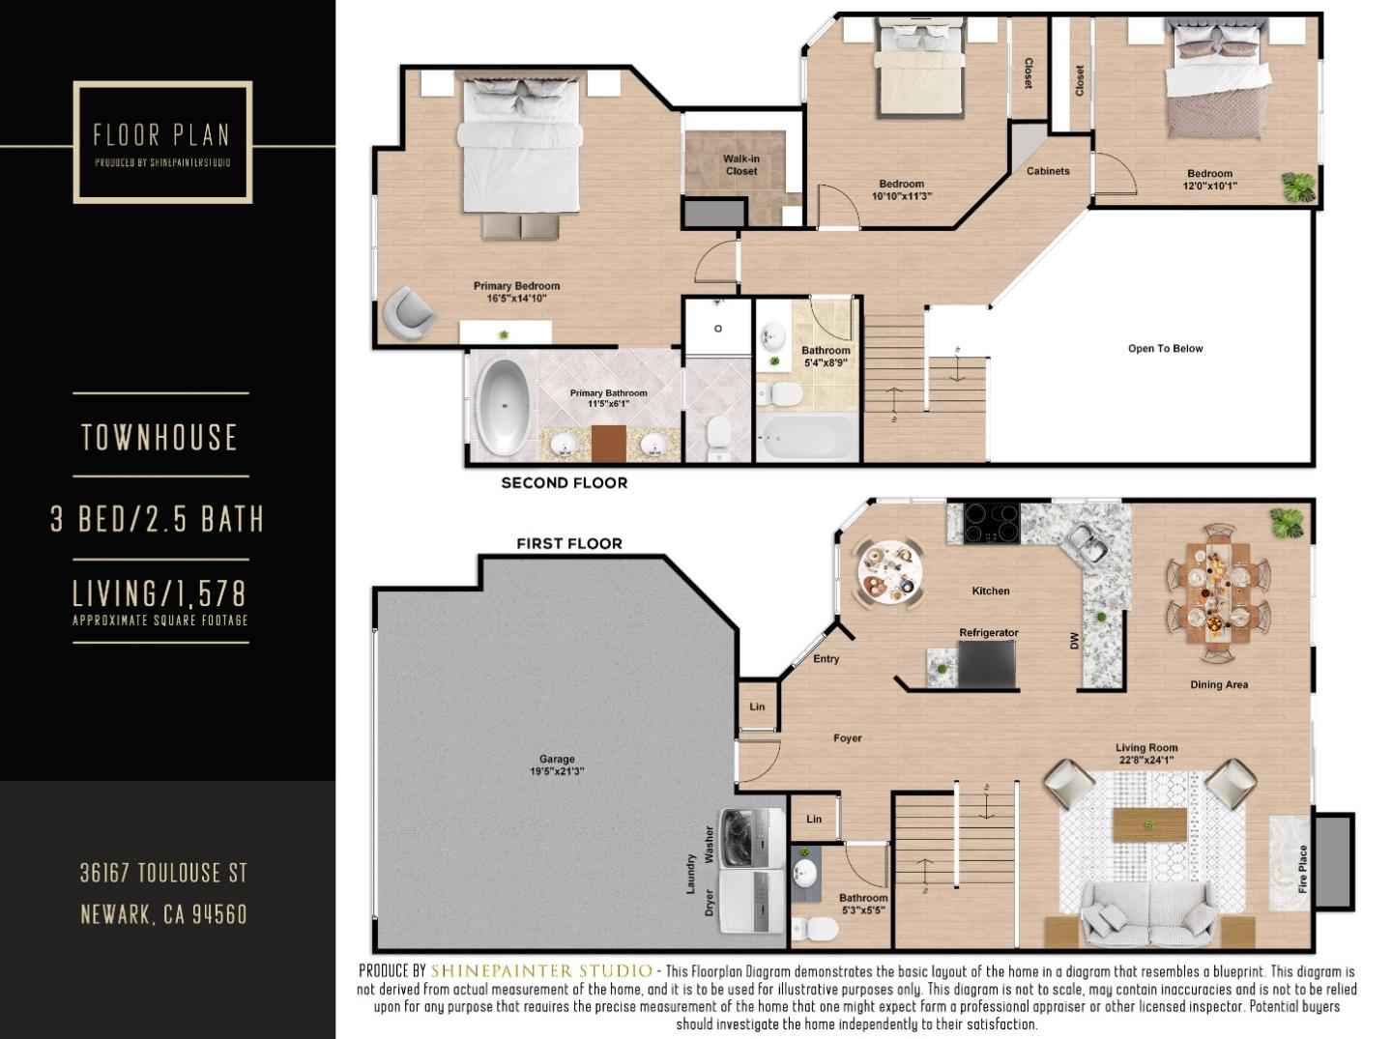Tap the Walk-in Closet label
741,165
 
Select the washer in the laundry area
752,837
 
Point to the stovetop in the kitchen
991,523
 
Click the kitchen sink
1087,543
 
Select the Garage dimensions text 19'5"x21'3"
557,771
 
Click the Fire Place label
1302,869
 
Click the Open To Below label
1165,349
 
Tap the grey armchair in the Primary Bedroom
409,312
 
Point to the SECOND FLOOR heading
564,483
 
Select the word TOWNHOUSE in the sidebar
159,438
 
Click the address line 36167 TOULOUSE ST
163,874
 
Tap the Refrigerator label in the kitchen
988,633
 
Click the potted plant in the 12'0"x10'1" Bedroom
1298,187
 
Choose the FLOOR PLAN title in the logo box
161,134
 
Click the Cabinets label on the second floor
1048,171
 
